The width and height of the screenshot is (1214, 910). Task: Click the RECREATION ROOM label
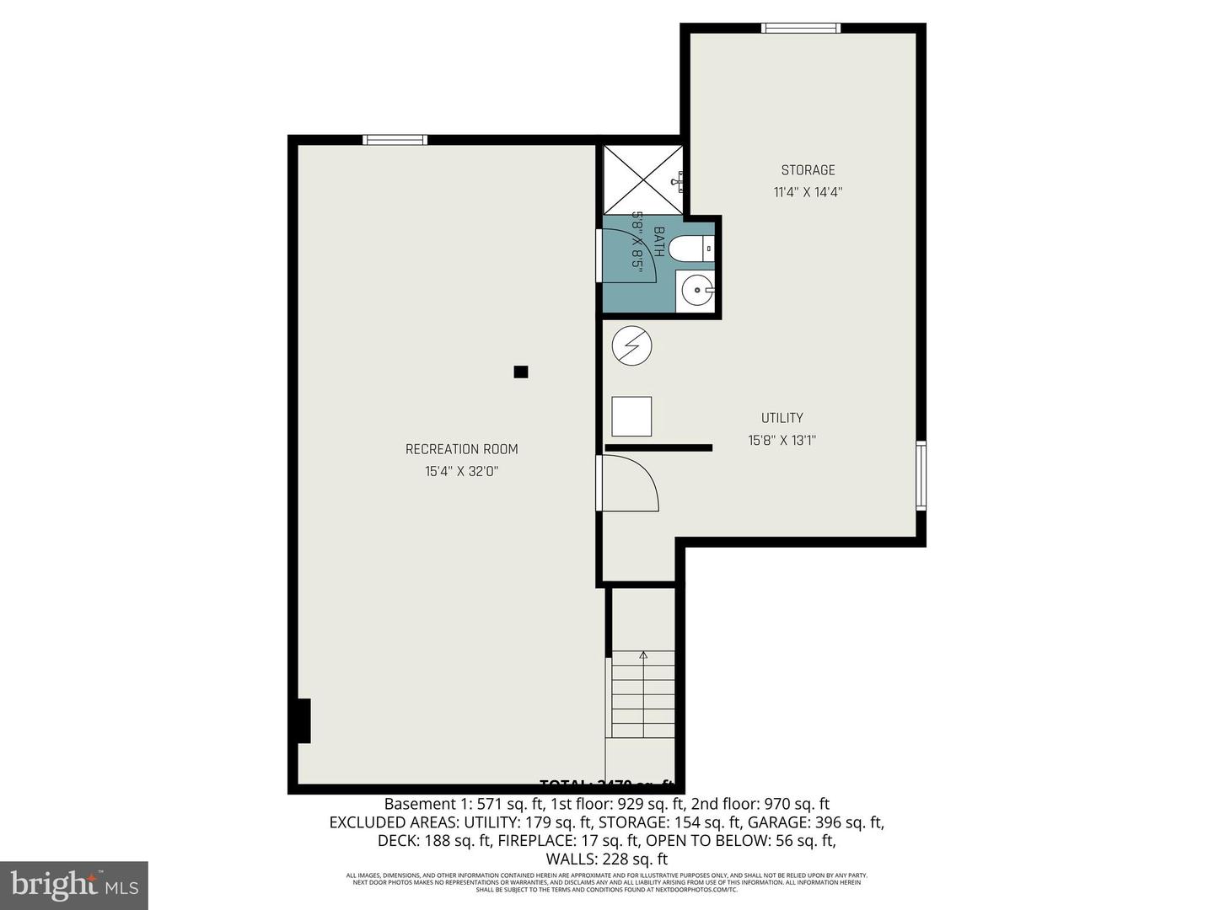[x=461, y=449]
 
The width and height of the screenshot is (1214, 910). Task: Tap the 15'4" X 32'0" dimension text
[x=461, y=472]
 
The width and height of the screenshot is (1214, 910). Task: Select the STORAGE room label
[x=808, y=170]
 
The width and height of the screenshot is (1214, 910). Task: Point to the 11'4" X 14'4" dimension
[x=808, y=192]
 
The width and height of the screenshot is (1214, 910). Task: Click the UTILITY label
[x=782, y=418]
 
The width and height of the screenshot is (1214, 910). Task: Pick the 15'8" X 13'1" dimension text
[x=782, y=440]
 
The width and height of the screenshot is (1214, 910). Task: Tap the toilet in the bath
[x=696, y=249]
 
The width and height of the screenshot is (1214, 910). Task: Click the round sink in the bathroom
[x=696, y=292]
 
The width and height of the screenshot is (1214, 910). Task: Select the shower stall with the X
[x=642, y=179]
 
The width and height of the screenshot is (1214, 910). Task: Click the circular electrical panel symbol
[x=632, y=345]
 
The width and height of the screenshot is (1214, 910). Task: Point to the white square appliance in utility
[x=631, y=416]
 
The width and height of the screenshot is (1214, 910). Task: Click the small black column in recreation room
[x=521, y=372]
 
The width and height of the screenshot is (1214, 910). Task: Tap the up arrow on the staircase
[x=643, y=656]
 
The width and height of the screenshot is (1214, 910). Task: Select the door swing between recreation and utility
[x=629, y=483]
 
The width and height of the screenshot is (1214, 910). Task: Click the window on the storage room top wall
[x=801, y=28]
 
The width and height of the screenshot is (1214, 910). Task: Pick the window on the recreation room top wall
[x=395, y=140]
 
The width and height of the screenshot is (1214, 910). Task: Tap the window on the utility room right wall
[x=921, y=476]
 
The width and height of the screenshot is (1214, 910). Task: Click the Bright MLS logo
[x=74, y=885]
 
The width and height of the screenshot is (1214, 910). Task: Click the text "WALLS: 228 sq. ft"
[x=606, y=859]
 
